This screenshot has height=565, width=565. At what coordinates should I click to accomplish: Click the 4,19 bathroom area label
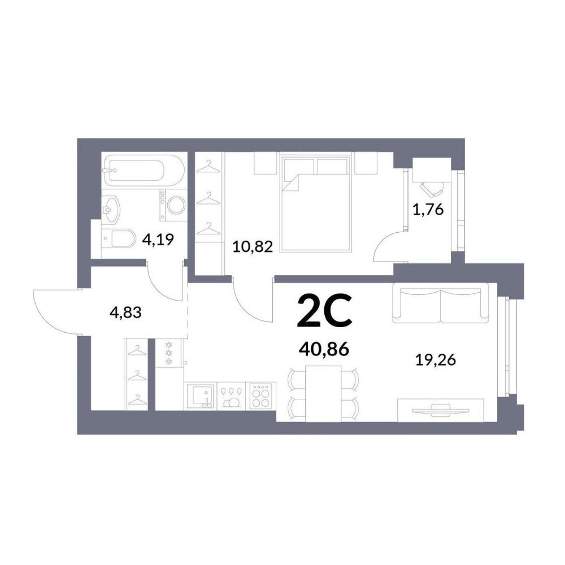[158, 238]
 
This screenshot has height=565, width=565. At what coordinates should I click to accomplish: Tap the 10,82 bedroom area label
[253, 247]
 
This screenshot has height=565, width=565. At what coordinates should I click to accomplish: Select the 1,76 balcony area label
[428, 210]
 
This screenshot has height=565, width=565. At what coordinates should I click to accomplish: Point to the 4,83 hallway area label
[125, 312]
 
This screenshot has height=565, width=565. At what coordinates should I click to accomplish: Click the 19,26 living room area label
[436, 359]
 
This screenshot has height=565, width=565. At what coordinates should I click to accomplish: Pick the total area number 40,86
[324, 349]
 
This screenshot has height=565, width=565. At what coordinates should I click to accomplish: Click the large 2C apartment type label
[324, 310]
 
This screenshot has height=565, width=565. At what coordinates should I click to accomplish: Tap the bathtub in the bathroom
[144, 171]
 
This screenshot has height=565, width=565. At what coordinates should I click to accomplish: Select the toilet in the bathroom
[119, 238]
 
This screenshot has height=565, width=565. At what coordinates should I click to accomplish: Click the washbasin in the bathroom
[111, 209]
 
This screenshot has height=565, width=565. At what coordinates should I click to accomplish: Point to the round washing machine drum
[176, 205]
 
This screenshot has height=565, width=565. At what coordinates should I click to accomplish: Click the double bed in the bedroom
[316, 202]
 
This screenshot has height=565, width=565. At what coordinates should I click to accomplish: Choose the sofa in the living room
[440, 303]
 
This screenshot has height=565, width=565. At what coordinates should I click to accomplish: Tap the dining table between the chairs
[323, 393]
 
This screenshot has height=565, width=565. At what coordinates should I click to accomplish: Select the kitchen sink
[201, 396]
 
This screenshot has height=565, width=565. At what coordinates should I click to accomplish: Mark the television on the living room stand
[441, 410]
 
